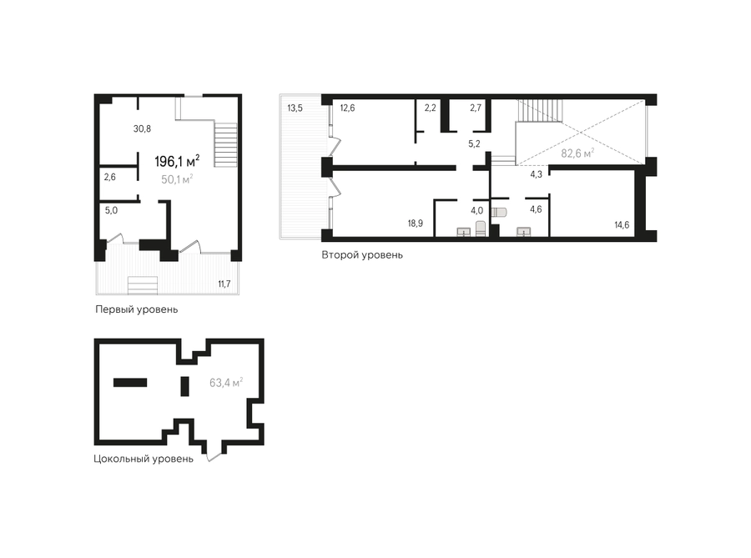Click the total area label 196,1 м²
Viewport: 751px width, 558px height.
click(x=177, y=161)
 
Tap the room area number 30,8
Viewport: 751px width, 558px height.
click(x=142, y=128)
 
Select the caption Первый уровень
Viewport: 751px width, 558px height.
click(x=137, y=309)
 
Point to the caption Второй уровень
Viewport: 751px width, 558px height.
click(x=362, y=255)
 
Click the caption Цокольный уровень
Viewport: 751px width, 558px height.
click(x=144, y=460)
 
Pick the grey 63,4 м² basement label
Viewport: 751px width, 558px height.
click(x=226, y=383)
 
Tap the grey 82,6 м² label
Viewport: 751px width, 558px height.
click(x=577, y=153)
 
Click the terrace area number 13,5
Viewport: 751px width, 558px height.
click(x=295, y=108)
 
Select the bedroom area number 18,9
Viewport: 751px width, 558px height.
click(x=416, y=223)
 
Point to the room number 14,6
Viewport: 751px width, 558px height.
click(x=622, y=225)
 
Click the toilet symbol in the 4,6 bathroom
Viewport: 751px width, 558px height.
click(x=499, y=212)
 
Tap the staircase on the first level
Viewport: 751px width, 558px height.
click(x=225, y=145)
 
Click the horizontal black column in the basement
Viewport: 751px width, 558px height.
click(x=130, y=382)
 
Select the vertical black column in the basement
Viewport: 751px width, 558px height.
click(x=185, y=386)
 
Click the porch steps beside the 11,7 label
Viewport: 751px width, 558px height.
click(x=143, y=285)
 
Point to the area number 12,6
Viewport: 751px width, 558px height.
click(x=347, y=108)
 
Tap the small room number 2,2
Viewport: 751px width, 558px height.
click(x=430, y=108)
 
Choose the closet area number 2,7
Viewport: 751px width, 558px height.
click(x=476, y=108)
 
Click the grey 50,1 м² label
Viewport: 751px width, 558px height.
click(x=177, y=179)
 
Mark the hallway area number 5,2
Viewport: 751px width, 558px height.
click(x=474, y=143)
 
